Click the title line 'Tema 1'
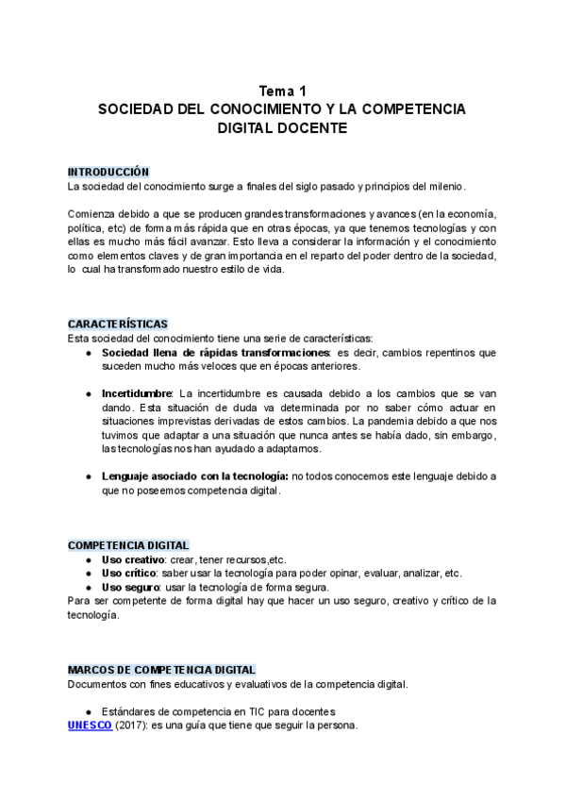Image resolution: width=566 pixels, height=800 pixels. tap(283, 92)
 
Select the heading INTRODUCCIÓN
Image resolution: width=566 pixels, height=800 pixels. tap(108, 173)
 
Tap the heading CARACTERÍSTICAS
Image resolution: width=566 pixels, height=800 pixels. tap(118, 324)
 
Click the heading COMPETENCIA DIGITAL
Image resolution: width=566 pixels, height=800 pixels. tap(128, 545)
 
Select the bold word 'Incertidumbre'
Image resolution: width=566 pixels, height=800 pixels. tap(137, 392)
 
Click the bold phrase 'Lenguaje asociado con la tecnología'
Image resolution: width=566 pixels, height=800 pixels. tap(195, 477)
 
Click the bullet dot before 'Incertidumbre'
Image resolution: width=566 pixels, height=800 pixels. tap(88, 392)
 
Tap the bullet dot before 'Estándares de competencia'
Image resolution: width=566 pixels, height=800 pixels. tap(88, 711)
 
